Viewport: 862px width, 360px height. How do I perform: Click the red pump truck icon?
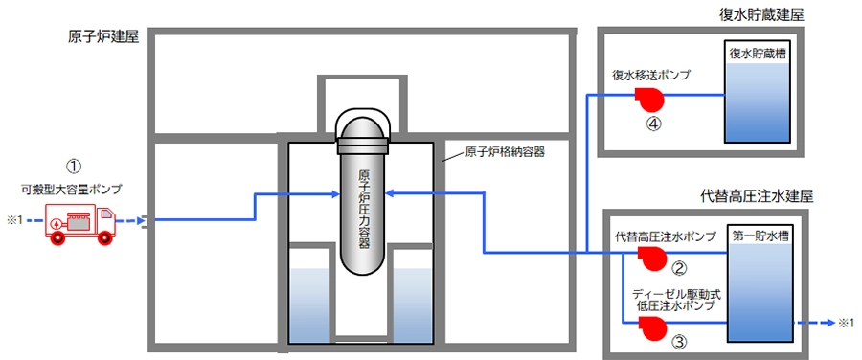[x=80, y=222]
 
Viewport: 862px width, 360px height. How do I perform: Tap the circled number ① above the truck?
[x=74, y=166]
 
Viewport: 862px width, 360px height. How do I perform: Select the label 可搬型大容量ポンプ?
[x=68, y=190]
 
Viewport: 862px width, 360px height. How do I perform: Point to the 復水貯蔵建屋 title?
[x=761, y=15]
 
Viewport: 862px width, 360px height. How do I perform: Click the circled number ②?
[x=680, y=268]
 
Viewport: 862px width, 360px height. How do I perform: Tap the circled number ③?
[x=680, y=343]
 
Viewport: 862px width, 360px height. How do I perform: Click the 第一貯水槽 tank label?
[x=760, y=236]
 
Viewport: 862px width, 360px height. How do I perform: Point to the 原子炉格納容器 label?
[x=504, y=152]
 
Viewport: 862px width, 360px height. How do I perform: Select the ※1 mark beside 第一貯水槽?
[x=848, y=324]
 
